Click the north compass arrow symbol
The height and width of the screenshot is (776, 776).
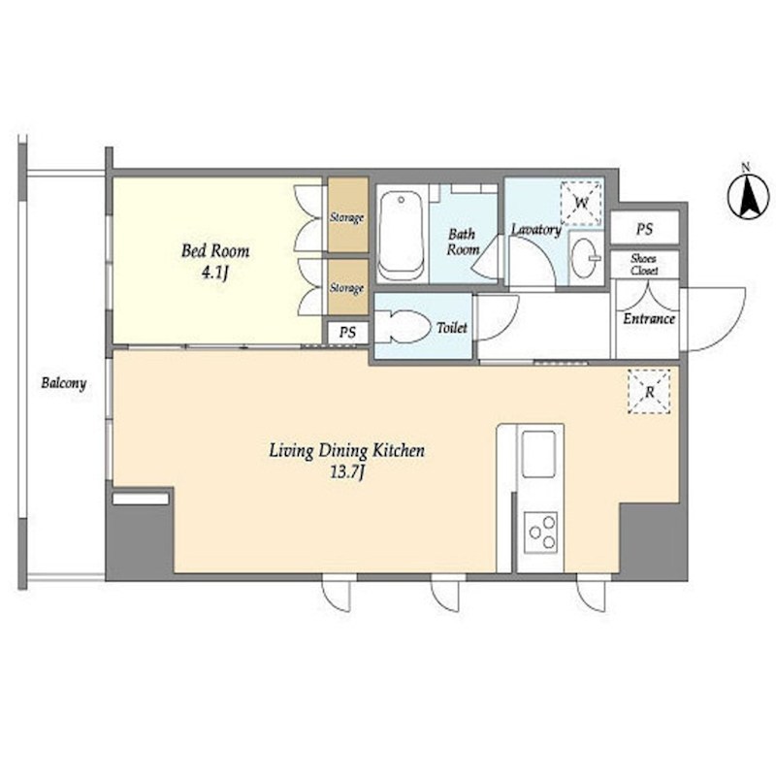pyautogui.click(x=748, y=196)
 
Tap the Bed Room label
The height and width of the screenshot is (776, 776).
pyautogui.click(x=215, y=251)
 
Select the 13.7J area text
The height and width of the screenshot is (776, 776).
pyautogui.click(x=347, y=473)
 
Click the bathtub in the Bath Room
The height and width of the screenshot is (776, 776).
pyautogui.click(x=402, y=236)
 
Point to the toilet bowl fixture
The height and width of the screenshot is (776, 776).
pyautogui.click(x=404, y=327)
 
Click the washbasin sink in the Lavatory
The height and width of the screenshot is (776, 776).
pyautogui.click(x=585, y=258)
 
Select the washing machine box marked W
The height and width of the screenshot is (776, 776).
pyautogui.click(x=581, y=203)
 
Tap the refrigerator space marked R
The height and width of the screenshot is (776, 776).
pyautogui.click(x=649, y=392)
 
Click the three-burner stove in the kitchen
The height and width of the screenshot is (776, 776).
pyautogui.click(x=541, y=533)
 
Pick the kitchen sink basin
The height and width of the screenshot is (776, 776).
pyautogui.click(x=539, y=454)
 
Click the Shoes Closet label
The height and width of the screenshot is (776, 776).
pyautogui.click(x=644, y=265)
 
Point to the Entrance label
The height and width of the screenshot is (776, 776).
pyautogui.click(x=649, y=319)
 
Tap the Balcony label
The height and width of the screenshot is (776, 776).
pyautogui.click(x=64, y=383)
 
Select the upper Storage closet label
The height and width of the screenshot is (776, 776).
pyautogui.click(x=347, y=217)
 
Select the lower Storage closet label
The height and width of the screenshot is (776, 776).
pyautogui.click(x=347, y=287)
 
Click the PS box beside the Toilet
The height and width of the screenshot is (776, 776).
pyautogui.click(x=348, y=333)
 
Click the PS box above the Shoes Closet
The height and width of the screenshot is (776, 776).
pyautogui.click(x=644, y=229)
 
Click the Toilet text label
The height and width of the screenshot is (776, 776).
pyautogui.click(x=452, y=328)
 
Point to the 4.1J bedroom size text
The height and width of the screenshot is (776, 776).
pyautogui.click(x=215, y=273)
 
